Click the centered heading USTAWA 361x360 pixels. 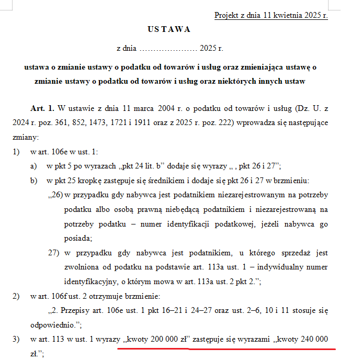tap(168, 29)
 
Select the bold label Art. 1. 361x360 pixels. tap(42, 108)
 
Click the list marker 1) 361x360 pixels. tap(16, 153)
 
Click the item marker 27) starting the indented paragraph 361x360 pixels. tap(54, 253)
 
